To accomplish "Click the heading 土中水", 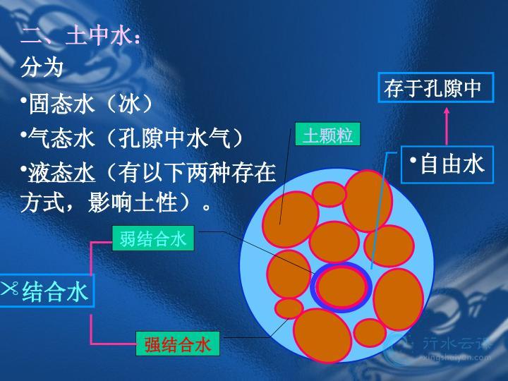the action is click(99, 36).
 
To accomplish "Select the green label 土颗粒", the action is click(327, 134).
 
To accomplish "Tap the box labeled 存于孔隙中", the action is click(436, 87).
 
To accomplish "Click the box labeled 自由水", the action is click(447, 164).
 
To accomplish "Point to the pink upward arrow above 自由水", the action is click(447, 126).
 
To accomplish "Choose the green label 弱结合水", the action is click(153, 238).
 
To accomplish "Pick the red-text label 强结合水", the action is click(178, 344).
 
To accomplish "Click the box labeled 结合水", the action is click(47, 291).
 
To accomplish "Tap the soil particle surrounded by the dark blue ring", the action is click(341, 287).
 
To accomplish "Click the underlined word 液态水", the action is click(61, 173).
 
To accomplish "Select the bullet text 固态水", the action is click(61, 104).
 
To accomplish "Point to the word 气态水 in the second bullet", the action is click(61, 138).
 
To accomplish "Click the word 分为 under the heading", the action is click(42, 68).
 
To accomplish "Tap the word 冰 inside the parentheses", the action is click(129, 104).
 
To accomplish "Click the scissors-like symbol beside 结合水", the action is click(9, 288).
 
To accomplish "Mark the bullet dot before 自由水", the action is click(413, 160).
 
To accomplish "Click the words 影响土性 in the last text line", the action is click(132, 202).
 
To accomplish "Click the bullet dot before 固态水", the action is click(24, 100).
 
